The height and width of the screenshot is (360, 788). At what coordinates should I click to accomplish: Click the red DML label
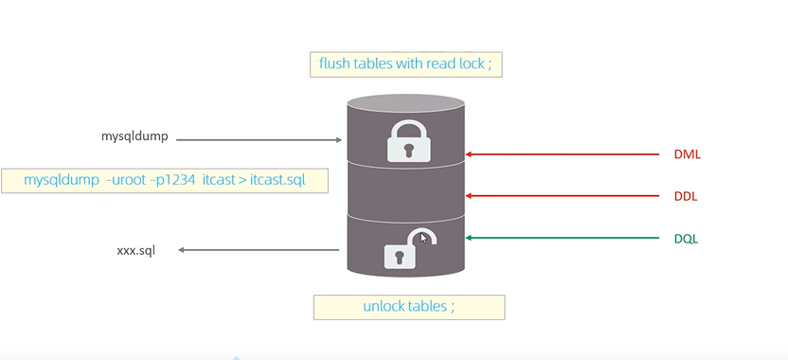[x=687, y=154]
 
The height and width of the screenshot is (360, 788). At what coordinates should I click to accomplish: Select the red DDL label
[x=686, y=197]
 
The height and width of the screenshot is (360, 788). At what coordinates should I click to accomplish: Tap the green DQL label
[x=686, y=239]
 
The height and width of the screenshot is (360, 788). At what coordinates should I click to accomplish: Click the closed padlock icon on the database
[x=408, y=141]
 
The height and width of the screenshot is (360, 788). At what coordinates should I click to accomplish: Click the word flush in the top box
[x=334, y=63]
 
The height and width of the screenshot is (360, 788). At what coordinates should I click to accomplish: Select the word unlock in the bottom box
[x=380, y=306]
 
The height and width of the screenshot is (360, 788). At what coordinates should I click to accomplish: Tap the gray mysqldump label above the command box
[x=134, y=136]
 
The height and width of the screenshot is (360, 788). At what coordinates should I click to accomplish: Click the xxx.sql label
[x=135, y=250]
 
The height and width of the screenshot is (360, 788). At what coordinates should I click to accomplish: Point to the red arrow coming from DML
[x=562, y=154]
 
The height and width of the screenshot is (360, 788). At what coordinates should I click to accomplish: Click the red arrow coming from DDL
[x=562, y=196]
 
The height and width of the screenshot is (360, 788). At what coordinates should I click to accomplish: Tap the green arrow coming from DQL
[x=562, y=238]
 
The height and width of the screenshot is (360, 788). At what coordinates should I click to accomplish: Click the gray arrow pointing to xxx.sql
[x=259, y=250]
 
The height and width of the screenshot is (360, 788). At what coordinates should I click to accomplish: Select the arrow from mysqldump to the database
[x=259, y=140]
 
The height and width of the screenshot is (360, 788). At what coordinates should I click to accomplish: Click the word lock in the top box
[x=472, y=63]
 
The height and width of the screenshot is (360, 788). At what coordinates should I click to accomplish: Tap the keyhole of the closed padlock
[x=408, y=151]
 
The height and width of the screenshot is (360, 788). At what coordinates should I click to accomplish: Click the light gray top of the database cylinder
[x=405, y=103]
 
